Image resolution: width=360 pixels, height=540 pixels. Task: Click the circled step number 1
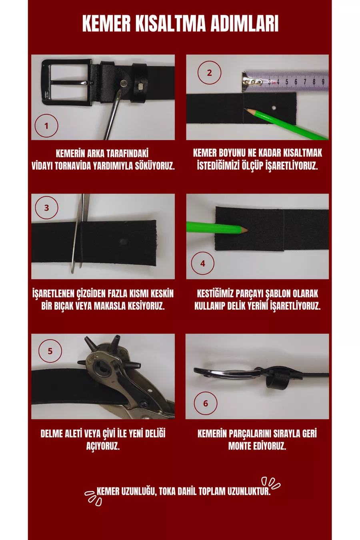(x=46, y=126)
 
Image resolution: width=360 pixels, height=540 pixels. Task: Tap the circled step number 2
(x=209, y=72)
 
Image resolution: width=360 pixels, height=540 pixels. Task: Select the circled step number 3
(x=46, y=208)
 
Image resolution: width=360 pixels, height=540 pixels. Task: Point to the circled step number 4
(x=202, y=263)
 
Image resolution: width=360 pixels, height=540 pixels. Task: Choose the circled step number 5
(x=50, y=351)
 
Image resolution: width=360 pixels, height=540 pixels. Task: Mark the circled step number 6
(x=206, y=403)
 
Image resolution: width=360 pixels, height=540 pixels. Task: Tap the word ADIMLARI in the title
(x=244, y=24)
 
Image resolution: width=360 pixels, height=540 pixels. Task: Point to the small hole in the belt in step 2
(x=274, y=108)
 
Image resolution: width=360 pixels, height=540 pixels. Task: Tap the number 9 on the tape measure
(x=323, y=82)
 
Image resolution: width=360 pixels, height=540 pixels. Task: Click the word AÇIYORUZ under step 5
(x=103, y=446)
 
